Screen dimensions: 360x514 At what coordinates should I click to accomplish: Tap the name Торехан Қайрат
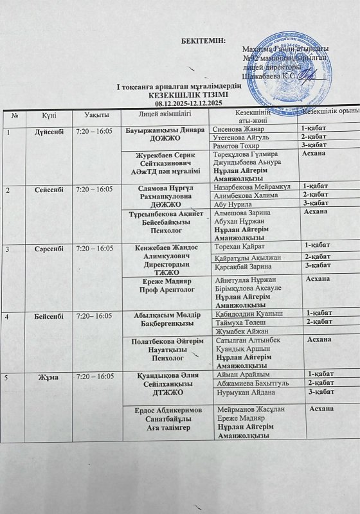coord(241,245)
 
